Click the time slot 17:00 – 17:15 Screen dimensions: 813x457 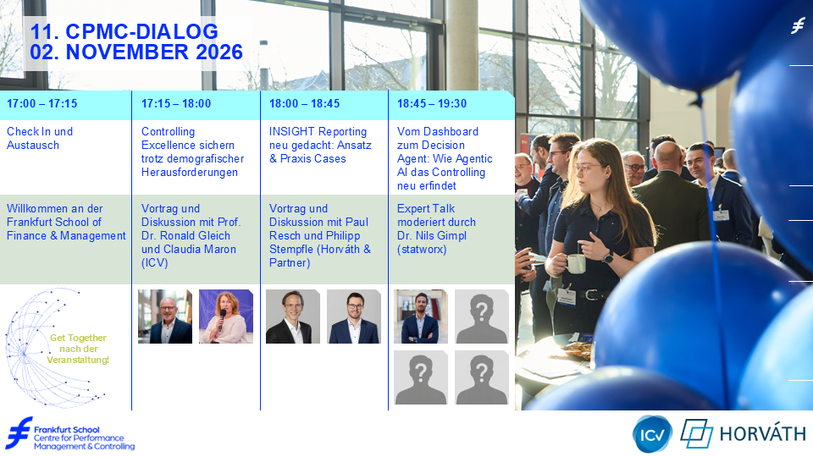[42, 103]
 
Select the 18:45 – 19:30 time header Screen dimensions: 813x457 [432, 103]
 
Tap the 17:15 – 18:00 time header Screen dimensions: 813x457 [176, 103]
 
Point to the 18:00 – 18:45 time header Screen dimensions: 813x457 [304, 103]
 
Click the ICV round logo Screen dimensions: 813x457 [652, 434]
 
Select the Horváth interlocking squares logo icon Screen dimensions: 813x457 [696, 433]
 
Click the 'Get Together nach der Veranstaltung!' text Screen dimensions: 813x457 [78, 349]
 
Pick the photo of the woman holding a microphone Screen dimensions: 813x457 [226, 317]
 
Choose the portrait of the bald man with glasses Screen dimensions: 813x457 [165, 317]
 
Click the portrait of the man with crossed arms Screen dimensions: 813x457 [421, 317]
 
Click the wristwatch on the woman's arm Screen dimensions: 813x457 [608, 256]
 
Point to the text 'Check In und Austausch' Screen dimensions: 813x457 [40, 138]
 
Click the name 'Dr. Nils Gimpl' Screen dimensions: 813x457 [432, 236]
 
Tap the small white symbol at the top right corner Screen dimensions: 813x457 [798, 25]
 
